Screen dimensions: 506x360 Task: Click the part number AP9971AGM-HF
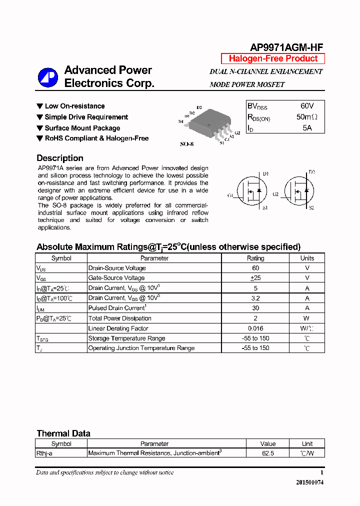tap(286, 47)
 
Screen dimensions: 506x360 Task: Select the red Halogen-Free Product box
tap(273, 59)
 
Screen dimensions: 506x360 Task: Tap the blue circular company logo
tap(48, 77)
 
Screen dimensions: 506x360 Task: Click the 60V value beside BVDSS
tap(307, 106)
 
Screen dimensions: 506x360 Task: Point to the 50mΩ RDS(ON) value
tap(306, 117)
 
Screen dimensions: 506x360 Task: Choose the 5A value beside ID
tap(307, 128)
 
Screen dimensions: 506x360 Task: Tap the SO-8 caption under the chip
tap(186, 144)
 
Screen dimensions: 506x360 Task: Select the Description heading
tap(60, 158)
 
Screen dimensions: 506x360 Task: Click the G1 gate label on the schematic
tap(230, 195)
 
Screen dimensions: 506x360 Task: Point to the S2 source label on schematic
tap(311, 207)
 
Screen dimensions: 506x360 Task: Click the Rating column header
tap(255, 258)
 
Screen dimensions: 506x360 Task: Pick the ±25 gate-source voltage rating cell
tap(255, 278)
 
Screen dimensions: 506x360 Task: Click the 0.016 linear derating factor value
tap(255, 328)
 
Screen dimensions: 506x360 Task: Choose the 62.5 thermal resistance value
tap(268, 453)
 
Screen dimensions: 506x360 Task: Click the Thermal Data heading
tap(63, 433)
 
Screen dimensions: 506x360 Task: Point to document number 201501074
tap(309, 482)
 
